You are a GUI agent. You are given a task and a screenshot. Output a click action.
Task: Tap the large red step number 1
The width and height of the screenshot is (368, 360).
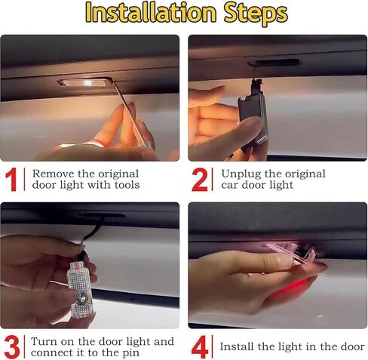[x=13, y=180]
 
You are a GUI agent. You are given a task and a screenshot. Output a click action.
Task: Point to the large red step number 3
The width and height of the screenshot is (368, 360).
[x=13, y=346]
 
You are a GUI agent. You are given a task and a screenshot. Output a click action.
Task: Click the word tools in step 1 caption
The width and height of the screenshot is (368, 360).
[x=123, y=185]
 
